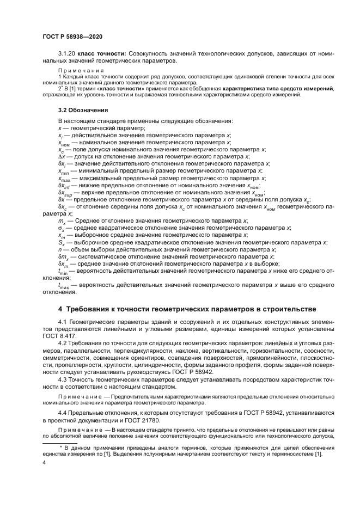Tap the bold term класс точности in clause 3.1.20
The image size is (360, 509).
(103, 53)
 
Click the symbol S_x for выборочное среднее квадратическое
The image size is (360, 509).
(61, 242)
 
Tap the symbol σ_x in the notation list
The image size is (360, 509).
(61, 228)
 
